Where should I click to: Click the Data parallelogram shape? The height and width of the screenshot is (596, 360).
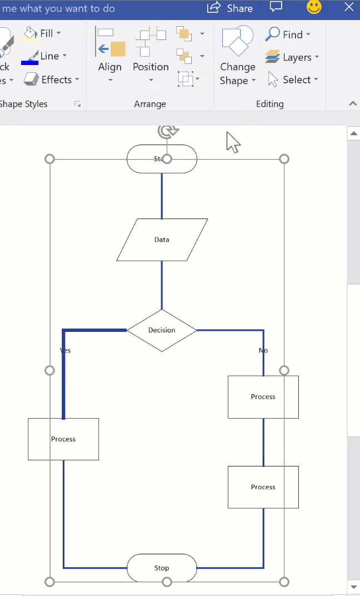[162, 240]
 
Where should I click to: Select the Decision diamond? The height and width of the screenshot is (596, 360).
[162, 330]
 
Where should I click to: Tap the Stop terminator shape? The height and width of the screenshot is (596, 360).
[162, 568]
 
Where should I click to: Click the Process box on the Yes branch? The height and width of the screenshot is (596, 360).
[63, 439]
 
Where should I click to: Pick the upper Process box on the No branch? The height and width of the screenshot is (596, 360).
[263, 397]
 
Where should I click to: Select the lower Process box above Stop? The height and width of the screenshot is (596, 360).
[263, 487]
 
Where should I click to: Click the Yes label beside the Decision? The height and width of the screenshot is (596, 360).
[66, 350]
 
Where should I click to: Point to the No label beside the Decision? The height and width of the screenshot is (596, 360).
[263, 350]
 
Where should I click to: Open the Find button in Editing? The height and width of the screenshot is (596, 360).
[288, 34]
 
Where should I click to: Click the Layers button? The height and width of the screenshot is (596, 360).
[292, 57]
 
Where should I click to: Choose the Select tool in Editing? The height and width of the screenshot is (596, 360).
[292, 80]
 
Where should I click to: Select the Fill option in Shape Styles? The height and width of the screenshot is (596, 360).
[42, 33]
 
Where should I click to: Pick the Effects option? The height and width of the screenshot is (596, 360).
[52, 80]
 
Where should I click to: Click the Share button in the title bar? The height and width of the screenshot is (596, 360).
[230, 8]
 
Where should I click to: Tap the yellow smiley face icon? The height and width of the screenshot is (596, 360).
[314, 7]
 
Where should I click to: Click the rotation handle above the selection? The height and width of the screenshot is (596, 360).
[167, 131]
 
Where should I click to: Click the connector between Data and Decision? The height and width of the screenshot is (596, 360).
[162, 285]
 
